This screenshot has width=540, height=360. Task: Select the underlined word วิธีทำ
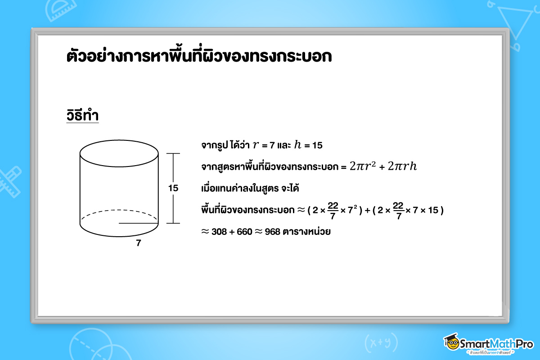tap(82, 116)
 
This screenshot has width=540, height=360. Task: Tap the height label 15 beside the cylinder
tap(173, 189)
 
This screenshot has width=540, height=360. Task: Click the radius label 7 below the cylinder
tap(138, 243)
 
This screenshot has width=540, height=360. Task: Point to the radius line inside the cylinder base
tap(139, 223)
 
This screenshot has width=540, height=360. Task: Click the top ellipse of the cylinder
tap(119, 153)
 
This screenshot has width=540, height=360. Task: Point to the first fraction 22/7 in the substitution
tap(333, 210)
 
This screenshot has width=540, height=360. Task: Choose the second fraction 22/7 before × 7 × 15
tap(398, 210)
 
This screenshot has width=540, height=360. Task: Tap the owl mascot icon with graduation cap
tap(452, 343)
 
